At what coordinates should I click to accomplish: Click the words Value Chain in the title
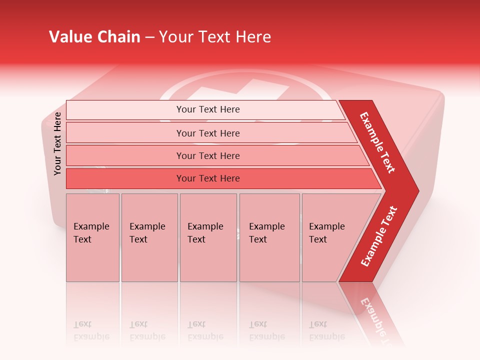pos(94,37)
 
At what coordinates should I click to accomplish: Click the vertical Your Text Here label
pos(57,143)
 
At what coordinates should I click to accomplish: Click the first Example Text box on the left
pos(92,237)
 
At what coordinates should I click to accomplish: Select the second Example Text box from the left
pos(149,237)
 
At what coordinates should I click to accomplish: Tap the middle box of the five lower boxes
pos(208,237)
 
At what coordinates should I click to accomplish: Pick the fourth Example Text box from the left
pos(269,237)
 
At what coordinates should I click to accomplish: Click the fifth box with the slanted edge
pos(330,237)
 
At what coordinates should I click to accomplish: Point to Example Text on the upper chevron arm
pos(377,142)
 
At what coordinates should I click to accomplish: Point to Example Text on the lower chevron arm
pos(379,236)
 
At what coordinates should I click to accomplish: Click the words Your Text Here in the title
pos(215,37)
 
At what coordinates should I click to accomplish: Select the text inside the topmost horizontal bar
pos(208,109)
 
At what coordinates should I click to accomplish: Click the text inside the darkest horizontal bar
pos(208,178)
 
